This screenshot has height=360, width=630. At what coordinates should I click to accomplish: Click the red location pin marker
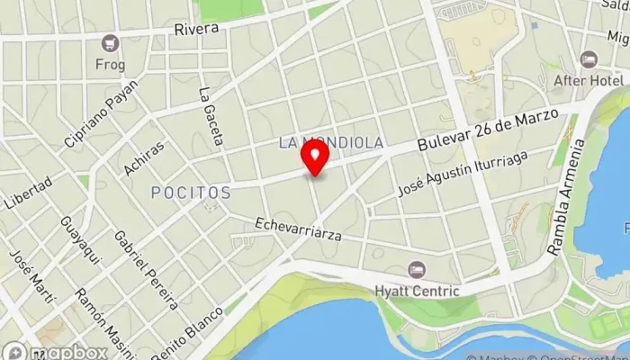[315, 158]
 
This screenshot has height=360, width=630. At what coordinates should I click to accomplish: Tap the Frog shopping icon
[110, 42]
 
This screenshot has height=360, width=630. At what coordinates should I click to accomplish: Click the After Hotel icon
[589, 59]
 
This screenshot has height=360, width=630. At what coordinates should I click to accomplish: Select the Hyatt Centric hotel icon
[416, 270]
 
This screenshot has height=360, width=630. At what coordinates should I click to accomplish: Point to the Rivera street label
[196, 29]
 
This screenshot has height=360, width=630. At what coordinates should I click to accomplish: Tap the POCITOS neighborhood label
[191, 193]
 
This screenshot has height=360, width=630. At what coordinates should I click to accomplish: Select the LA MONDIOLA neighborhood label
[331, 142]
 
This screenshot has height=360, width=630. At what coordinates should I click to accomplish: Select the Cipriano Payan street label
[101, 114]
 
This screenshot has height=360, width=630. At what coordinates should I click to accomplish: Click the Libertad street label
[28, 192]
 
